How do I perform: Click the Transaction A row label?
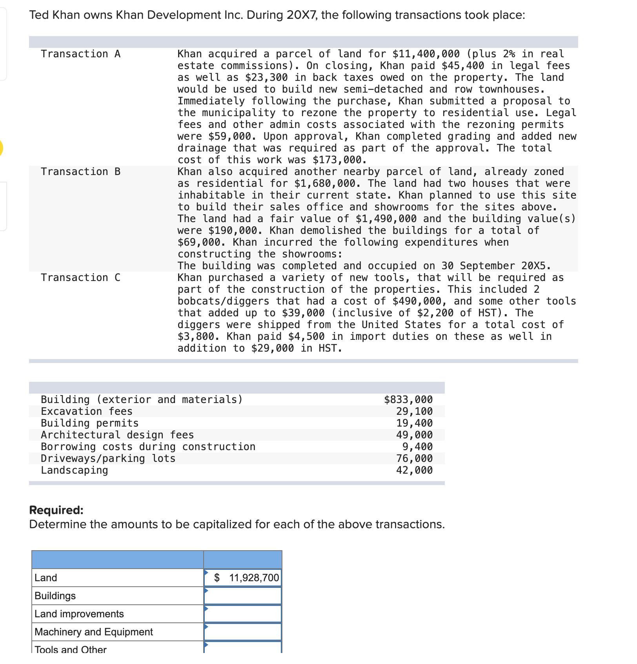(80, 54)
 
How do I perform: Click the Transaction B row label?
(80, 171)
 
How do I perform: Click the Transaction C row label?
(80, 277)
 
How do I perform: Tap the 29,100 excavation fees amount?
(414, 411)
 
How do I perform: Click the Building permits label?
(90, 423)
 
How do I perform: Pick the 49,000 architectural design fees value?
(414, 435)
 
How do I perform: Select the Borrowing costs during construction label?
(148, 447)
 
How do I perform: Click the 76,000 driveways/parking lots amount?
(414, 458)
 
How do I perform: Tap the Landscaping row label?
(75, 470)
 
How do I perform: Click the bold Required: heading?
(56, 510)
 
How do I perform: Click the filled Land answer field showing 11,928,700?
(243, 578)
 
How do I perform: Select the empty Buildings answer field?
(243, 596)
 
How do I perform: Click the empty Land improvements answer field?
(243, 614)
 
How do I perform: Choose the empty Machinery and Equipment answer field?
(243, 632)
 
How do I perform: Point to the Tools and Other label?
(71, 649)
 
